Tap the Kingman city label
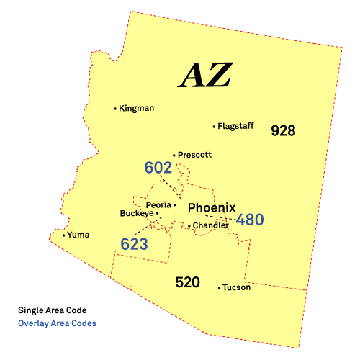(x=137, y=109)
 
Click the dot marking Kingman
(x=115, y=109)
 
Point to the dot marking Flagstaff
(x=214, y=127)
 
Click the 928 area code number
(x=283, y=131)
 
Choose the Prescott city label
(x=195, y=155)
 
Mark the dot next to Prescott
(x=174, y=155)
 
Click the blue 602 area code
(x=158, y=168)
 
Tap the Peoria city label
(x=158, y=204)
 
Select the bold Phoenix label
(x=212, y=208)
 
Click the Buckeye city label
(x=136, y=213)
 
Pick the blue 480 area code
(x=249, y=220)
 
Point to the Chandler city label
(x=210, y=225)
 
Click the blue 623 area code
(x=134, y=244)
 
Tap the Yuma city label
(x=79, y=235)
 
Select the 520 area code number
(x=187, y=282)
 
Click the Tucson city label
(x=237, y=287)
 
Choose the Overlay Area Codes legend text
(x=57, y=323)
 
